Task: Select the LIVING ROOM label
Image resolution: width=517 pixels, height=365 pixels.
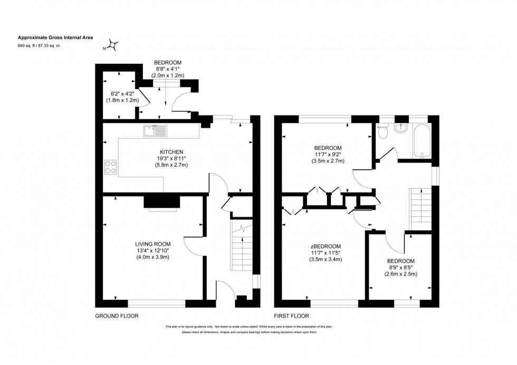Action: click(x=153, y=244)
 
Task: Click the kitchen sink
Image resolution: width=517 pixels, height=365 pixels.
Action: click(x=155, y=129)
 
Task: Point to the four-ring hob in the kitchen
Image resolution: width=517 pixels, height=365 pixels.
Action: click(x=111, y=167)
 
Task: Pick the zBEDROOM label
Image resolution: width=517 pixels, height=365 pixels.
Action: click(x=325, y=246)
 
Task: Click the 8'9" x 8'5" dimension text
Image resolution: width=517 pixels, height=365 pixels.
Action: click(x=401, y=268)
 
